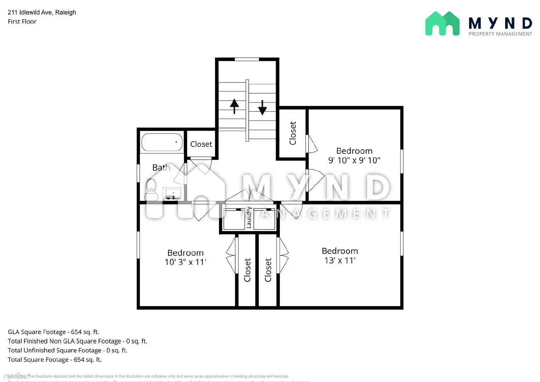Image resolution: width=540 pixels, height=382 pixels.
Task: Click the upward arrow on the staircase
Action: pos(234,106)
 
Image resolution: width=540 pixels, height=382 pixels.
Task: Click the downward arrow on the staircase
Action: pos(262,107)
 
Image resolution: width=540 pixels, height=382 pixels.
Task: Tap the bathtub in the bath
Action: pos(162,142)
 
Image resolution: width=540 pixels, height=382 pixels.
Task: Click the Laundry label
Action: pos(249,217)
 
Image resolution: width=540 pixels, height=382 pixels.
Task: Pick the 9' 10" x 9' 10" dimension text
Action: pos(354,160)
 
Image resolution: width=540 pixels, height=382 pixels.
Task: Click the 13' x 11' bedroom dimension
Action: pos(340,260)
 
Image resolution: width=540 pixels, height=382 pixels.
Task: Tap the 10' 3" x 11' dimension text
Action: pos(185,262)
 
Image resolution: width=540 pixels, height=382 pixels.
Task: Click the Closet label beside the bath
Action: pos(201,144)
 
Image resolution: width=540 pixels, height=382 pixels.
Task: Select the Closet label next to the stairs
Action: pos(293,133)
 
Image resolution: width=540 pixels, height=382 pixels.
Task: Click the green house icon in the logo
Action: pos(442,24)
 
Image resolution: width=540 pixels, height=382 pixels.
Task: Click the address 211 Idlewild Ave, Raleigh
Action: pos(42,12)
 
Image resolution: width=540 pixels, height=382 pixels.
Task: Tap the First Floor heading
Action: pos(22,22)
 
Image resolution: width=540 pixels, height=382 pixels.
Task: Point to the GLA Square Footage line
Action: pos(53,332)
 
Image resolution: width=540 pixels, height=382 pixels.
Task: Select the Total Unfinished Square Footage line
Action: pos(67,350)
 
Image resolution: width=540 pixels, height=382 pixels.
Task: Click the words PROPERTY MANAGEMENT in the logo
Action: pos(500,34)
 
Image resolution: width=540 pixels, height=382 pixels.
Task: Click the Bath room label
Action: pos(161,168)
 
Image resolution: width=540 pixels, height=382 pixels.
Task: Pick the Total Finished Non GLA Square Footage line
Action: pos(77,341)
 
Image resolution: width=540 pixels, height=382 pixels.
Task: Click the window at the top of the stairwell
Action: pos(247,59)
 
